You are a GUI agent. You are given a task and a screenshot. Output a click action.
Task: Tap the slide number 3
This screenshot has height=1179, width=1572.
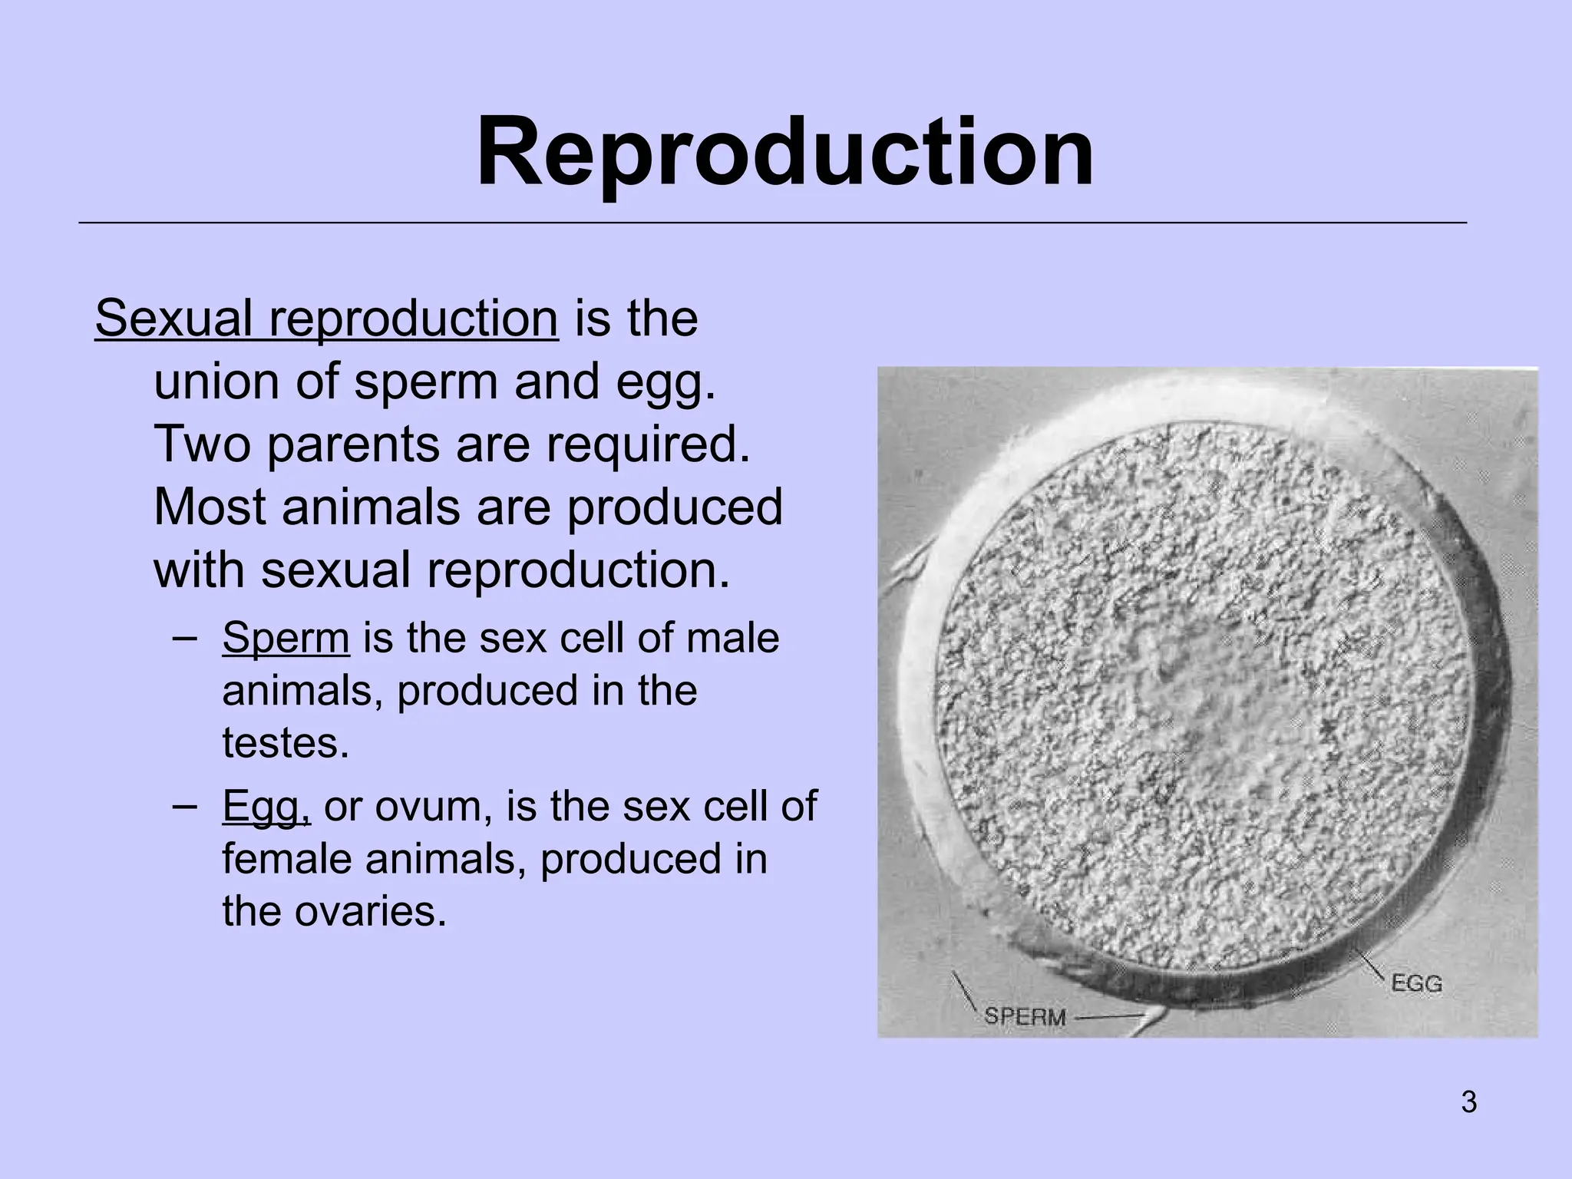click(x=1468, y=1102)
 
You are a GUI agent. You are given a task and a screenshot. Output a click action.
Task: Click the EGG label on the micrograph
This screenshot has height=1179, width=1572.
click(x=1416, y=983)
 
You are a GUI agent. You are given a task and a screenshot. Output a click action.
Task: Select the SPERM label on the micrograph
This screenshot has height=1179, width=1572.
click(x=1025, y=1017)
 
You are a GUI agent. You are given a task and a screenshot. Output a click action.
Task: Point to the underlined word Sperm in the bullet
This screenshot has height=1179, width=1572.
click(x=286, y=638)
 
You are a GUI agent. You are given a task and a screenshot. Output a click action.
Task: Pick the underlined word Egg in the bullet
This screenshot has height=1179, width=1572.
click(x=266, y=807)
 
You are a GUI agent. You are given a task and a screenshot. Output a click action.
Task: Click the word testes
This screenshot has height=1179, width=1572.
click(x=285, y=743)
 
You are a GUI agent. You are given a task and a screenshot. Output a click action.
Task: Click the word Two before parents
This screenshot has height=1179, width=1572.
click(x=202, y=444)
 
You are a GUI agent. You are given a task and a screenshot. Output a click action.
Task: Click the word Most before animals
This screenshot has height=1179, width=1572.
click(x=210, y=507)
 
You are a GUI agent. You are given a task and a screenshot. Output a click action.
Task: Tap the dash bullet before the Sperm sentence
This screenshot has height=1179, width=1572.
click(x=184, y=638)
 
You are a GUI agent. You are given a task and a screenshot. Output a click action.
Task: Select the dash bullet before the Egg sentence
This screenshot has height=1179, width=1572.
click(x=184, y=805)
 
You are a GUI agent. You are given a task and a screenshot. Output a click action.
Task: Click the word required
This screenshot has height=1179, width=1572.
click(x=646, y=444)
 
